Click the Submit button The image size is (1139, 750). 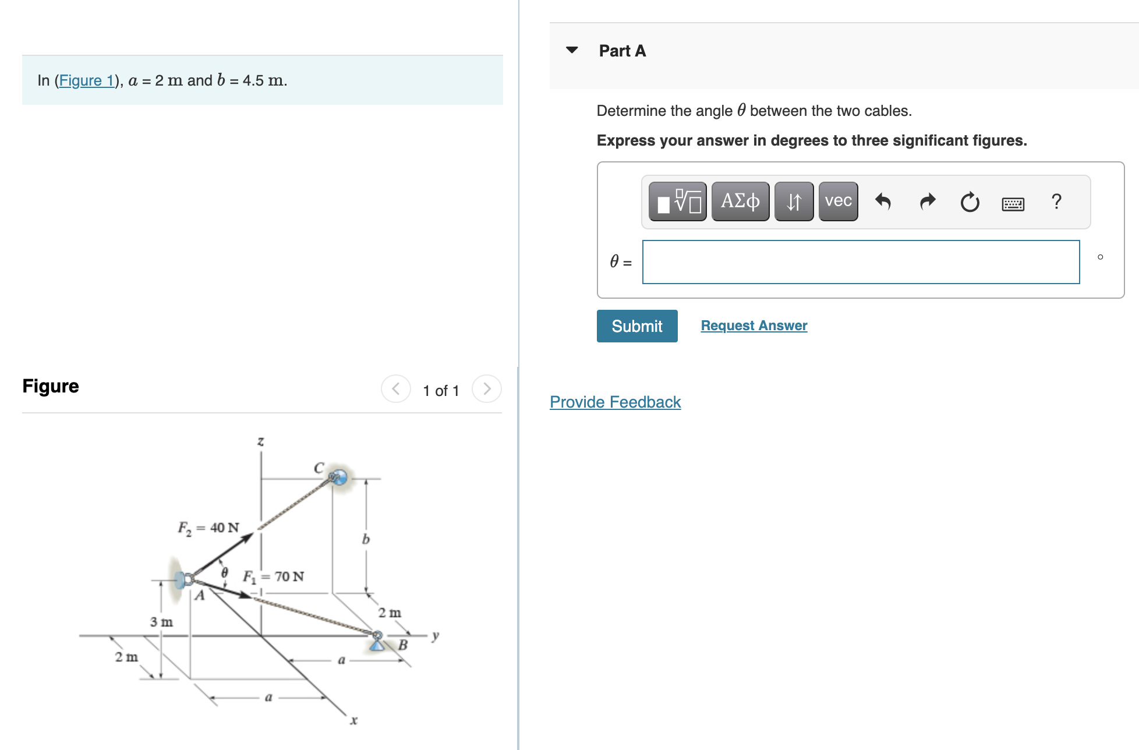tap(636, 326)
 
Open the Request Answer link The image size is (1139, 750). tap(754, 326)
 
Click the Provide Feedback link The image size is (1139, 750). tap(615, 402)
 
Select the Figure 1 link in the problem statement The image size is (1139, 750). tap(86, 80)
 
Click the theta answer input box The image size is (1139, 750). tap(860, 262)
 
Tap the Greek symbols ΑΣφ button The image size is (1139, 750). tap(740, 201)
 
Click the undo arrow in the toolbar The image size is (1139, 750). tap(883, 201)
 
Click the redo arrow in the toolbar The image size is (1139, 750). tap(927, 201)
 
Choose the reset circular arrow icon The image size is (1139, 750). tap(970, 202)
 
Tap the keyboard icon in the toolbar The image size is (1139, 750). tap(1013, 204)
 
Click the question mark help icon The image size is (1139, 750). tap(1056, 201)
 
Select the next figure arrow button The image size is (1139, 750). tap(486, 389)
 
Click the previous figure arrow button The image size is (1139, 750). tap(396, 389)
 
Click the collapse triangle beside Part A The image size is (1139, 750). tap(572, 50)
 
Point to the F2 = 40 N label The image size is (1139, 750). tap(208, 528)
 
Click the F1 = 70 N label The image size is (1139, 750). tap(273, 576)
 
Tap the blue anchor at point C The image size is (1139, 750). tap(337, 477)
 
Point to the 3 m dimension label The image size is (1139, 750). tap(161, 622)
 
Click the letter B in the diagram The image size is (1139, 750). tap(402, 645)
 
